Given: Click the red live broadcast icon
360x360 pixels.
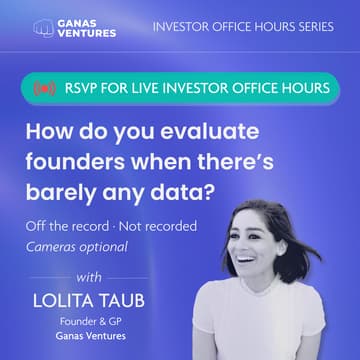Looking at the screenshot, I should click(44, 88).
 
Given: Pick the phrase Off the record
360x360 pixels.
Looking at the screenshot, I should click(67, 227).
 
